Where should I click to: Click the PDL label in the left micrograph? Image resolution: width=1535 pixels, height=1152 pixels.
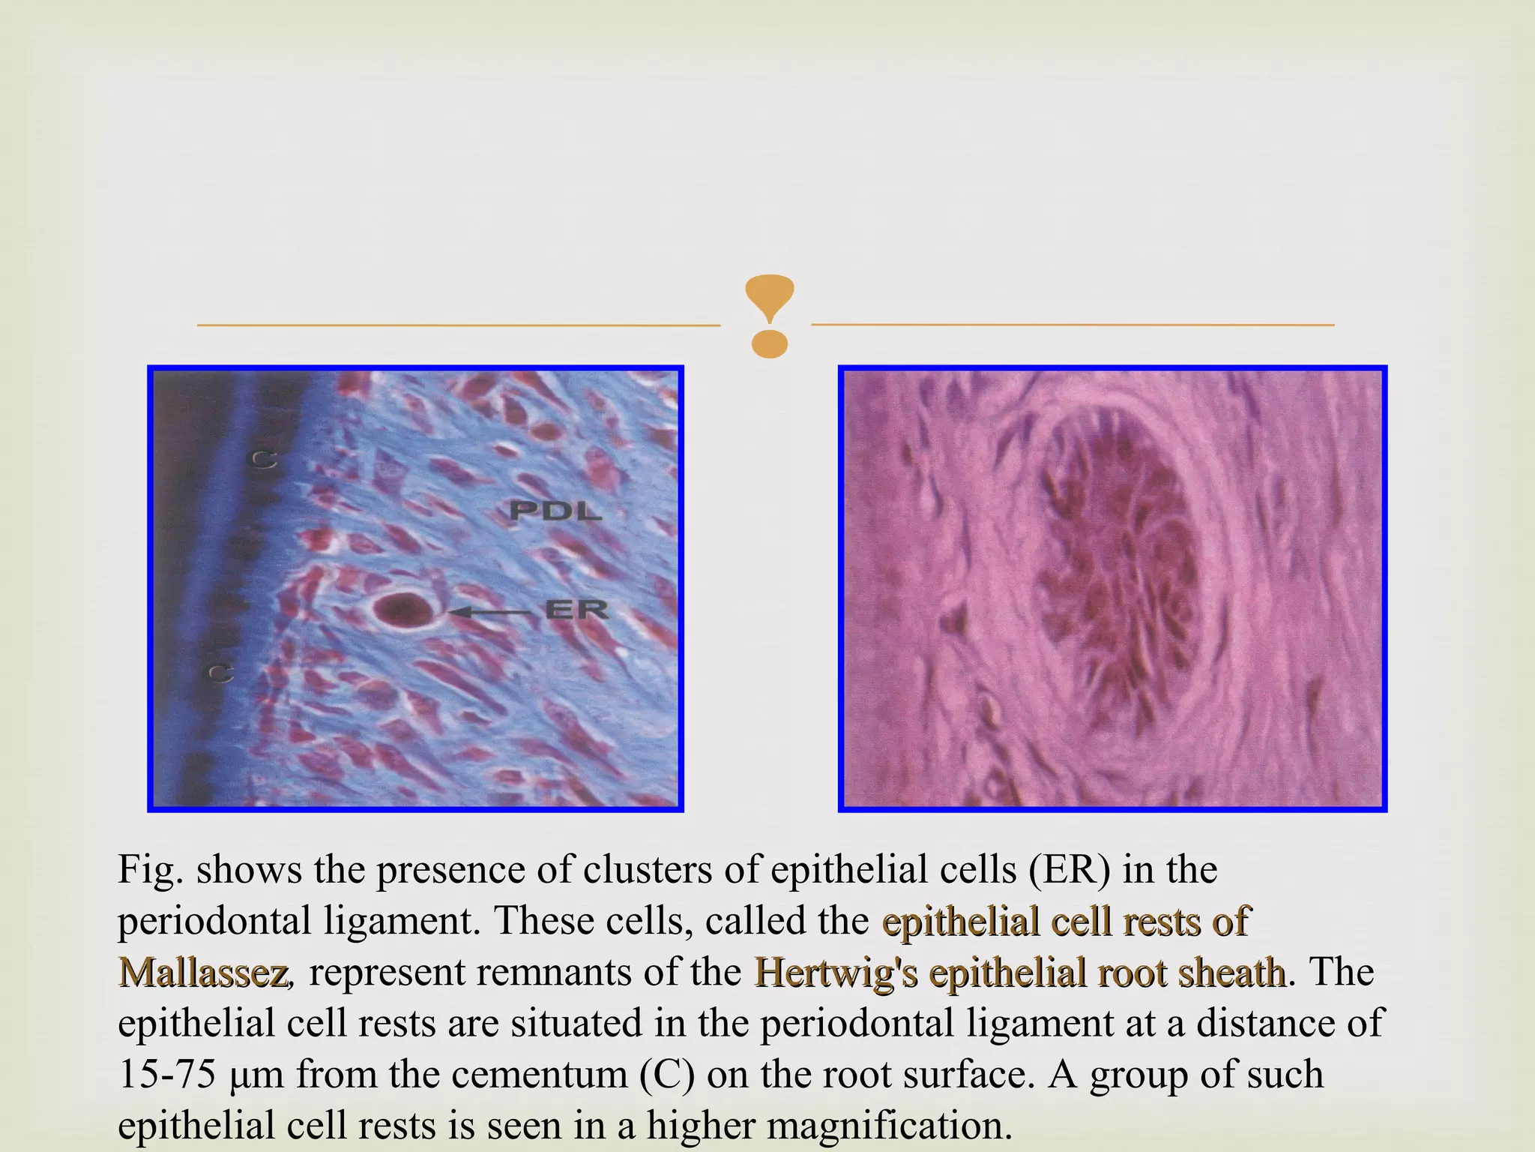[555, 511]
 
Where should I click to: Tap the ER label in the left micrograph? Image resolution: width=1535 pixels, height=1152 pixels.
[576, 610]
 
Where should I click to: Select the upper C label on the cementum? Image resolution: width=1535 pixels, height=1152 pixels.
[262, 459]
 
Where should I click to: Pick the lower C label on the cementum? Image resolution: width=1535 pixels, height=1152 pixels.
[220, 673]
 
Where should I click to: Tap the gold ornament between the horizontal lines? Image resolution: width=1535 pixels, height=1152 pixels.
[769, 316]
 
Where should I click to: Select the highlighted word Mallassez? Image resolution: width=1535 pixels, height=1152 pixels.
[203, 973]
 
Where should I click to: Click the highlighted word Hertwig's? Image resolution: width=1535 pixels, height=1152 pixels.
[836, 973]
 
